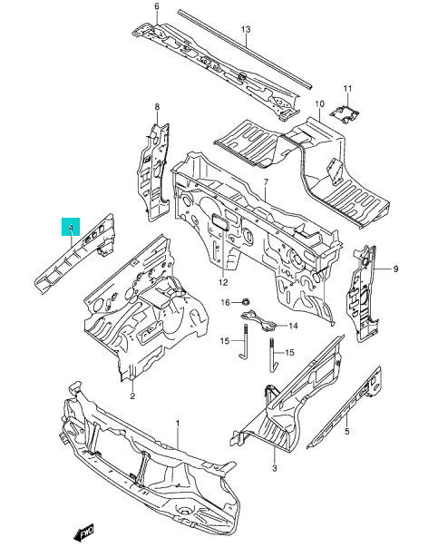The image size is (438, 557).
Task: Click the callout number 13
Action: point(246,29)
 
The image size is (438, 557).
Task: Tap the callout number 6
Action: point(157,6)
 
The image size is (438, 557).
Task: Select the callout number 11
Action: point(347,88)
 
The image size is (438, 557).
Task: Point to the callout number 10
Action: point(319,103)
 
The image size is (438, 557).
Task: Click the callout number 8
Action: point(157,106)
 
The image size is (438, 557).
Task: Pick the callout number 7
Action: point(266,182)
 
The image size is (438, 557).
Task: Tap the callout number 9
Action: point(395,269)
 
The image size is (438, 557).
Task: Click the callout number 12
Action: point(223,282)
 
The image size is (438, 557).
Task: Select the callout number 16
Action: point(226,302)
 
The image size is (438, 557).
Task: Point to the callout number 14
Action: point(293,326)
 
